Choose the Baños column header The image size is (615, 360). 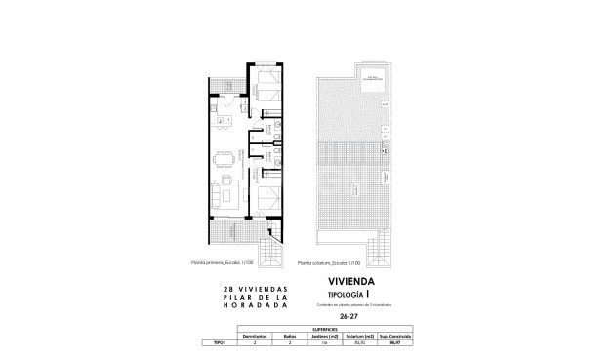pyautogui.click(x=289, y=337)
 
